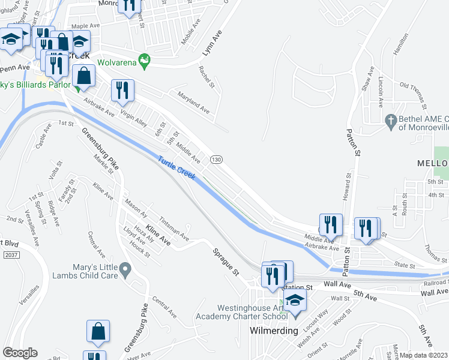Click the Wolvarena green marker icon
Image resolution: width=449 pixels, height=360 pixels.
(x=144, y=60)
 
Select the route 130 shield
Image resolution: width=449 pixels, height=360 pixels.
(x=217, y=159)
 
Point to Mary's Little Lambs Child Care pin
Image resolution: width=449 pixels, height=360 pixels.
(x=125, y=270)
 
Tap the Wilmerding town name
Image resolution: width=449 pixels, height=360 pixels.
(x=274, y=331)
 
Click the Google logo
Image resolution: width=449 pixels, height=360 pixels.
(x=20, y=353)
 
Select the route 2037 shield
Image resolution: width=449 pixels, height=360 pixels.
(x=9, y=255)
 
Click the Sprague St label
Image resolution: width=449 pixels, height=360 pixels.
(x=226, y=261)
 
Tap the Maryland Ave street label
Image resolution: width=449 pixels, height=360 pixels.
(x=193, y=102)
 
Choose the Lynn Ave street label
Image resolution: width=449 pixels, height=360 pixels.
(x=212, y=43)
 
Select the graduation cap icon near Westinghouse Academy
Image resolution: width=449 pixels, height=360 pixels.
(x=294, y=299)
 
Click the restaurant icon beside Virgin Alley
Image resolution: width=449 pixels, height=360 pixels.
(x=122, y=91)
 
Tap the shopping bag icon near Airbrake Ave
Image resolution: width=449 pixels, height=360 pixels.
(x=84, y=76)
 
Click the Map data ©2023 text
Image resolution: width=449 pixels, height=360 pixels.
(x=424, y=355)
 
